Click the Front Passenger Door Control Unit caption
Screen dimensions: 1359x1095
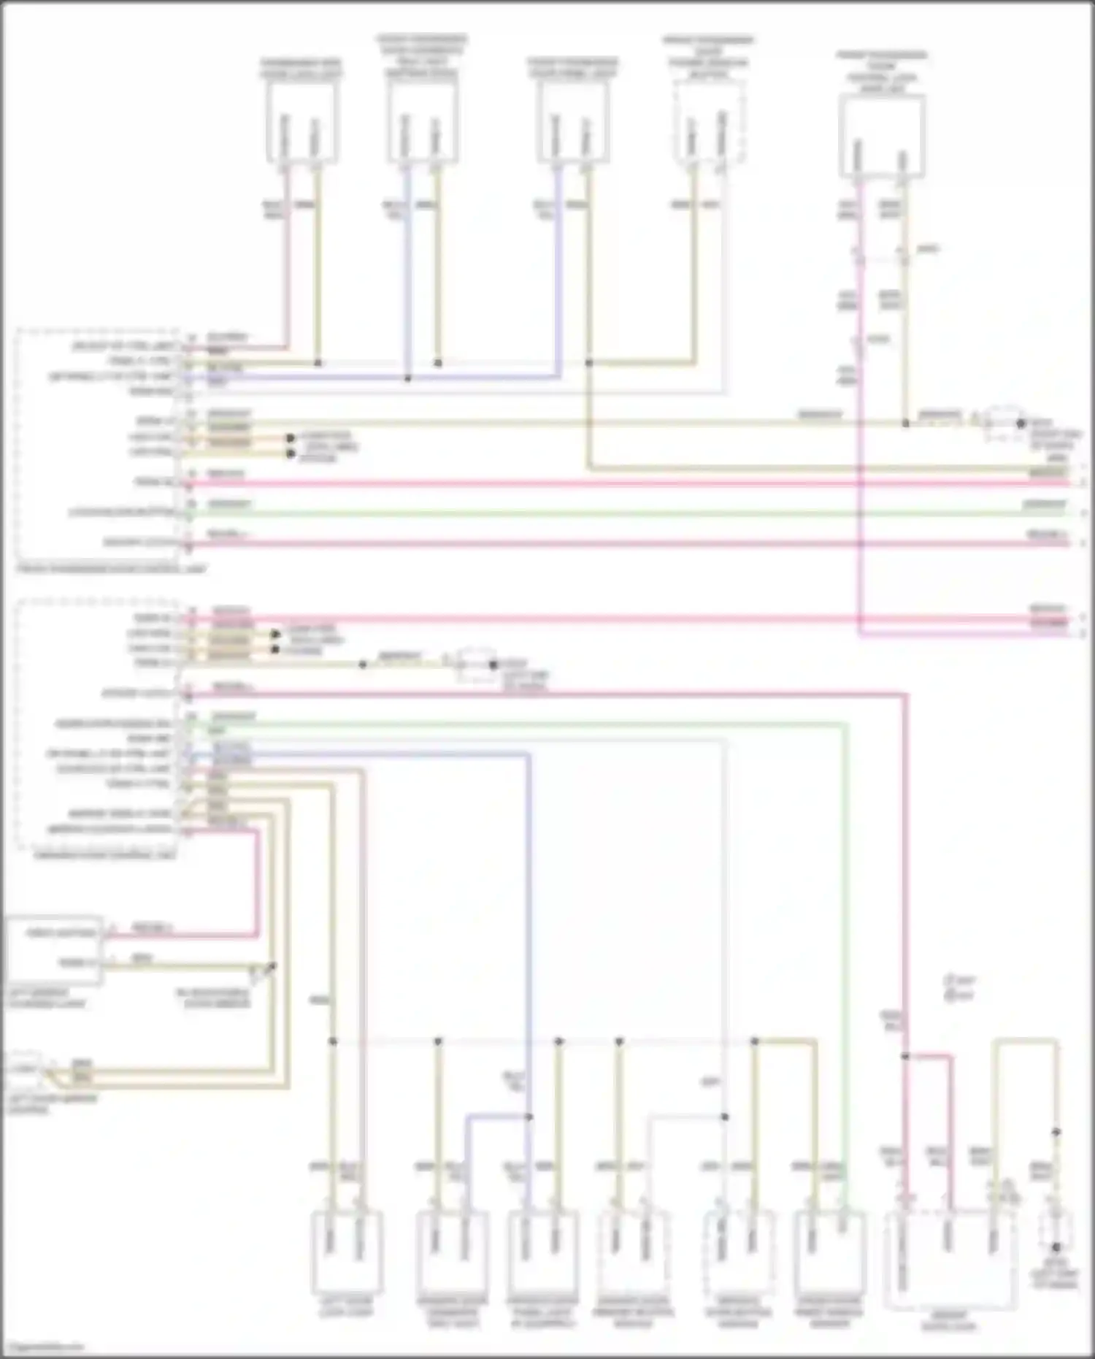(x=109, y=569)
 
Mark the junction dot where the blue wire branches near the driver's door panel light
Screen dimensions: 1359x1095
(x=529, y=1117)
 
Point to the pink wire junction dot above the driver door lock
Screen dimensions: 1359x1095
(x=905, y=1056)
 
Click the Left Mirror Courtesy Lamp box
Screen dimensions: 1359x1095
(x=55, y=949)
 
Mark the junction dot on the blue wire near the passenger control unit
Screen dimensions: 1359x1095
(x=408, y=378)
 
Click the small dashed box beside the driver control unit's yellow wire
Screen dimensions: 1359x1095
(x=476, y=664)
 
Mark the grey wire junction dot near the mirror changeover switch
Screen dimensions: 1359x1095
(x=725, y=1117)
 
